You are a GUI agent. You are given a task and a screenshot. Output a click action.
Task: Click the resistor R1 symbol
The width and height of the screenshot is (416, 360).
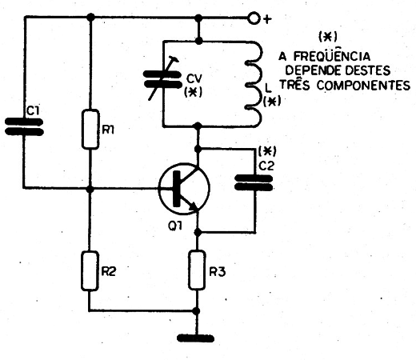click(90, 129)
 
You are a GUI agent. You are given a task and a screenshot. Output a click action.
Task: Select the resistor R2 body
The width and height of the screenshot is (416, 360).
click(90, 270)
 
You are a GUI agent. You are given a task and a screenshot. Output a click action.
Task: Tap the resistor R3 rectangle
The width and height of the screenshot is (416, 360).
click(197, 270)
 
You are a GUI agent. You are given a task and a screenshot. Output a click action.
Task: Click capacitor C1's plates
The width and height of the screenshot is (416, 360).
click(24, 127)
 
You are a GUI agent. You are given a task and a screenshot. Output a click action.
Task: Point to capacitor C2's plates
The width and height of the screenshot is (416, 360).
click(254, 182)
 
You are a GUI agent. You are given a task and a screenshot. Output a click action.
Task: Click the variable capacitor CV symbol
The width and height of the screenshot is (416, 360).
click(162, 79)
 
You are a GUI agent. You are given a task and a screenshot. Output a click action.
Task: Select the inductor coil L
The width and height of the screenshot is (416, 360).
click(254, 83)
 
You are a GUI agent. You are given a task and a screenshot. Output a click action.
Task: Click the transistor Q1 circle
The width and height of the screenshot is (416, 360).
click(184, 189)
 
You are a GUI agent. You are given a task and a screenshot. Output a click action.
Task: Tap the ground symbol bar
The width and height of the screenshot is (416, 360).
click(195, 338)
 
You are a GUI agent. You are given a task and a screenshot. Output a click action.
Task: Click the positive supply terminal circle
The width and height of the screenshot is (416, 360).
click(254, 18)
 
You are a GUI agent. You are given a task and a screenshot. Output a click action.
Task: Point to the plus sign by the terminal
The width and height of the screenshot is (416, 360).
click(267, 19)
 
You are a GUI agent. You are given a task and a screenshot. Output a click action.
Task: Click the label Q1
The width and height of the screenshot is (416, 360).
click(175, 226)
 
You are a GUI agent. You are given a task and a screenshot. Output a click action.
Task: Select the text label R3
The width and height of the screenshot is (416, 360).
click(218, 272)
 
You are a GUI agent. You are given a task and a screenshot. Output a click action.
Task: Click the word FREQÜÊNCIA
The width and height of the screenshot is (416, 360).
click(332, 56)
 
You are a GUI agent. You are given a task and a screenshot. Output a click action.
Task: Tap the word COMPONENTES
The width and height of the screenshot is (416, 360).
click(363, 86)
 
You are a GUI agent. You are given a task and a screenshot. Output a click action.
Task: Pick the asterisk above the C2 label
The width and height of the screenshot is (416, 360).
click(267, 151)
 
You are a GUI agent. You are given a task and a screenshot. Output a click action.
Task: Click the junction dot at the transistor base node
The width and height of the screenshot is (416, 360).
click(90, 189)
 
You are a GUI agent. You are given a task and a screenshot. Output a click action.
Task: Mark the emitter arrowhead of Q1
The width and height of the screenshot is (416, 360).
click(194, 206)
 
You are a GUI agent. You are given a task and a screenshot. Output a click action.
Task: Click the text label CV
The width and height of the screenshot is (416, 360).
click(194, 78)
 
